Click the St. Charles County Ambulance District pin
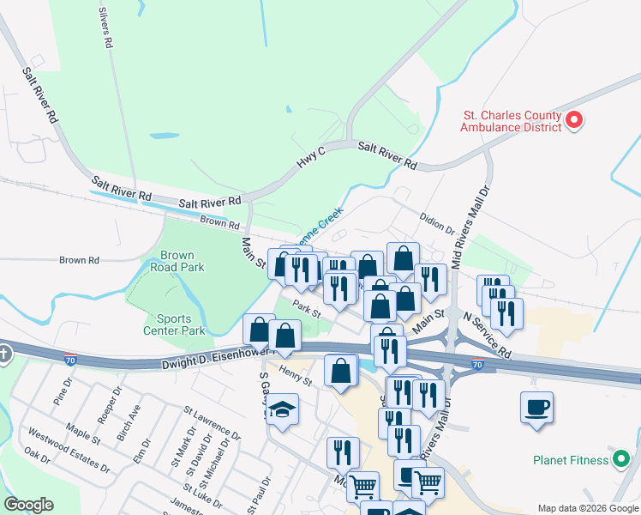(x=574, y=120)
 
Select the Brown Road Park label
(x=183, y=261)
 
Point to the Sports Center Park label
(x=174, y=324)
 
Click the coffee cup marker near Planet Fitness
(x=536, y=408)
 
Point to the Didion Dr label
(x=437, y=225)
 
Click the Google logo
(x=28, y=505)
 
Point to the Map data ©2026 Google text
(x=587, y=508)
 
